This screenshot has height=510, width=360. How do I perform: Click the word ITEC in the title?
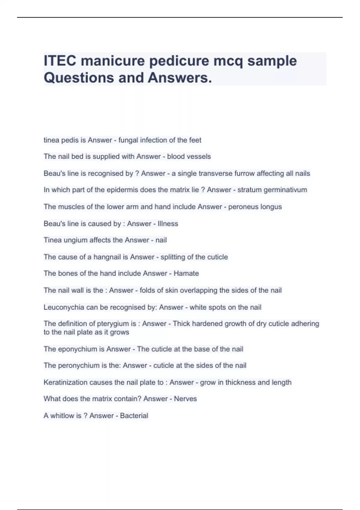(60, 61)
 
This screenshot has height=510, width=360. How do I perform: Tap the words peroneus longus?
(255, 207)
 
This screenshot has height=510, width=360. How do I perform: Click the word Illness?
(168, 223)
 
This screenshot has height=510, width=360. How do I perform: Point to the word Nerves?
(185, 399)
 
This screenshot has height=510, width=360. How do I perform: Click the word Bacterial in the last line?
(134, 415)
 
